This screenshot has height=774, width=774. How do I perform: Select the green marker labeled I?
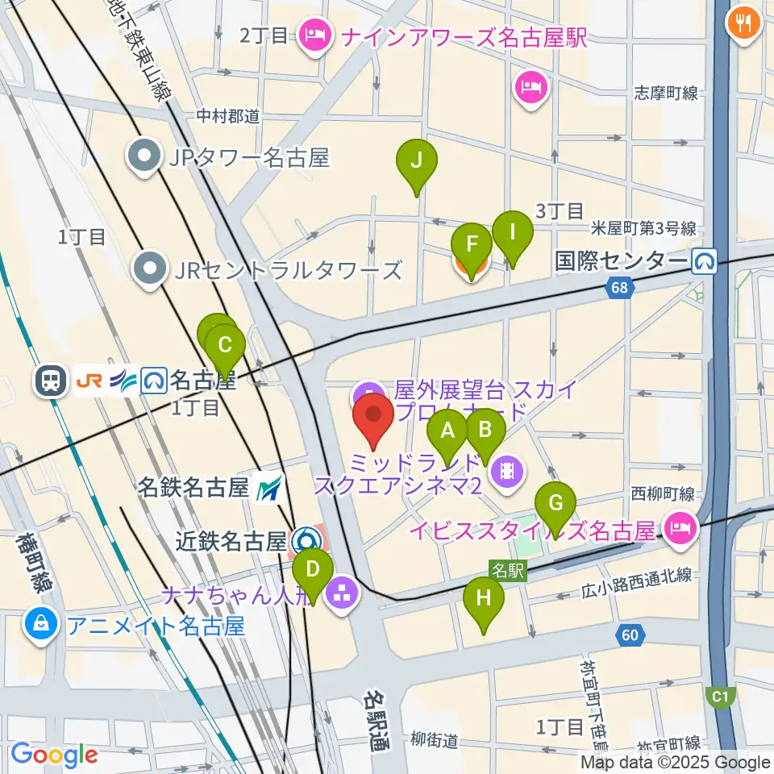(512, 235)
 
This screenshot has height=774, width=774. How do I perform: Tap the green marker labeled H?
(484, 601)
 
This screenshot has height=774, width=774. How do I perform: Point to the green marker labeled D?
(314, 570)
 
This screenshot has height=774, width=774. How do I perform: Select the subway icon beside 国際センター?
(705, 260)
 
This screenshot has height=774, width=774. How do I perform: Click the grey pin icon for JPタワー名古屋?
(147, 158)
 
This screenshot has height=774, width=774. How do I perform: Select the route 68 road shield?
(618, 286)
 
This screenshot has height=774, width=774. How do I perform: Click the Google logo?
(53, 754)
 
